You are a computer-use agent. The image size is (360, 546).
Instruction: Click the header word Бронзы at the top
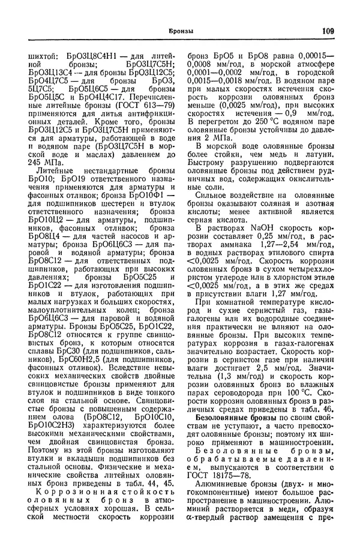(x=181, y=31)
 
